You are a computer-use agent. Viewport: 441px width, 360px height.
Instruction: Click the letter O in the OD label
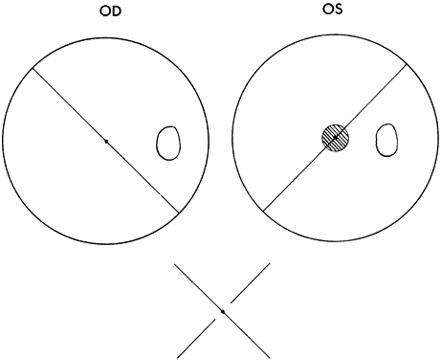tap(105, 11)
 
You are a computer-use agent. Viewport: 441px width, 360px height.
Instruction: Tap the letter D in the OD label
tap(117, 11)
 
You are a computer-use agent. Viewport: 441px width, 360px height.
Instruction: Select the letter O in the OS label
tap(327, 10)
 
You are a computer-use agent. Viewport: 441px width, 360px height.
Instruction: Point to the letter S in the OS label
tap(338, 10)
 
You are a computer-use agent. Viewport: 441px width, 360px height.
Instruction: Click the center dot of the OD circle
tap(106, 141)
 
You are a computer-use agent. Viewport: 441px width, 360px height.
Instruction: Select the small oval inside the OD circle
tap(168, 143)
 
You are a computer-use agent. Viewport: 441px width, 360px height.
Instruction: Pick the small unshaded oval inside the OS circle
tap(387, 140)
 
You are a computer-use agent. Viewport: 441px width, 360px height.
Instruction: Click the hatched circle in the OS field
tap(335, 138)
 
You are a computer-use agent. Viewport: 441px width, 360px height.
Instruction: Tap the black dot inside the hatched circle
tap(335, 138)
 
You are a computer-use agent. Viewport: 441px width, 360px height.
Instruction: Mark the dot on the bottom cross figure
tap(223, 311)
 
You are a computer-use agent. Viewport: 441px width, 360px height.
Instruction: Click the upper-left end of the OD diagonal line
tap(33, 67)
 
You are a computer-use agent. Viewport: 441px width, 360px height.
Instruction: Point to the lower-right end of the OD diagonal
tap(179, 213)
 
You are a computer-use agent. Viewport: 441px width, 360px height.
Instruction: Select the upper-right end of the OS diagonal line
tap(407, 64)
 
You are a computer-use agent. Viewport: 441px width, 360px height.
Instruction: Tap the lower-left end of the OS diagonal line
tap(263, 211)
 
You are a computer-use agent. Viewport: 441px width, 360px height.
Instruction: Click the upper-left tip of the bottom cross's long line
tap(174, 263)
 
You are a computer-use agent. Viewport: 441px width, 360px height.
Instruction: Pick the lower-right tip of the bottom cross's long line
tap(270, 358)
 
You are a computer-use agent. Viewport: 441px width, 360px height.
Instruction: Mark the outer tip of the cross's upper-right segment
tap(270, 263)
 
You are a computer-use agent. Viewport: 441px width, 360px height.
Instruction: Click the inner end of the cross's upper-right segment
tap(231, 303)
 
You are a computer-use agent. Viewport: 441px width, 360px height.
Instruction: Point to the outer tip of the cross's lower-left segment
tap(177, 358)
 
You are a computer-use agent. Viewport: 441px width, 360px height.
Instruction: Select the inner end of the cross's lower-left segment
tap(215, 320)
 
